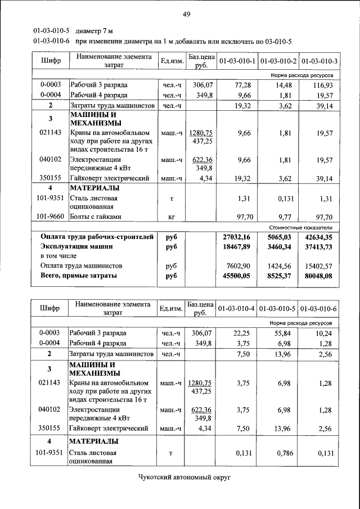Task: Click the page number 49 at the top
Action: tap(185, 13)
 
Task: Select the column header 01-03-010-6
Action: tap(319, 309)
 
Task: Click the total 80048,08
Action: tap(319, 276)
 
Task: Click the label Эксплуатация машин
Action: tap(76, 246)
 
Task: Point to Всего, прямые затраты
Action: tap(79, 276)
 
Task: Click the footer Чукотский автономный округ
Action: tap(185, 477)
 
